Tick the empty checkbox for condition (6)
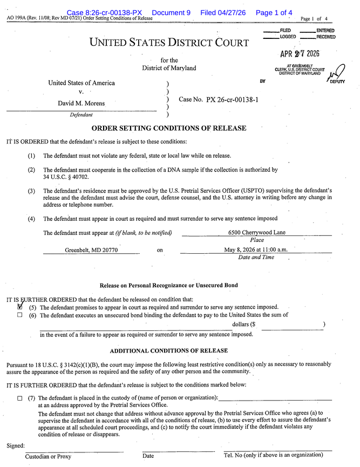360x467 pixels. coord(20,315)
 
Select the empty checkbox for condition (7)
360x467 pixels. coord(20,398)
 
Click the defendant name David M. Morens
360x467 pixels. coord(81,103)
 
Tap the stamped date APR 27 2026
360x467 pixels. coord(300,54)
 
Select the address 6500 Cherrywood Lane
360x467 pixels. coord(256,233)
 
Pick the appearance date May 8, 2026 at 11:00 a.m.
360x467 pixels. coord(256,250)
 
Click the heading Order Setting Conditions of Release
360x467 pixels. coord(169,128)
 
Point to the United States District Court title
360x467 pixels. coord(169,43)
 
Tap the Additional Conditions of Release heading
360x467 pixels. coord(169,351)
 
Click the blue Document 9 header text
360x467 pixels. coord(171,12)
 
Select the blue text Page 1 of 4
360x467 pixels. coord(274,12)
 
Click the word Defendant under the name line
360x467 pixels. coord(81,115)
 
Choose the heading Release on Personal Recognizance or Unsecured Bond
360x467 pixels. coord(169,286)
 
